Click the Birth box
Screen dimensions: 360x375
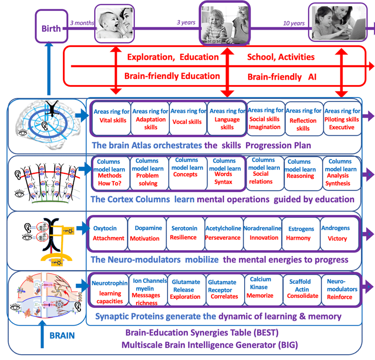[x=51, y=28]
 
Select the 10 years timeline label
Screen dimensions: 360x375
[x=294, y=23]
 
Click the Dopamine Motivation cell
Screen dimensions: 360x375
[x=145, y=233]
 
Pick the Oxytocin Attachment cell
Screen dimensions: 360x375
[x=107, y=233]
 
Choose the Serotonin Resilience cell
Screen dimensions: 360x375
[x=184, y=233]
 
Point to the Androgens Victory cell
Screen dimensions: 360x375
[x=337, y=233]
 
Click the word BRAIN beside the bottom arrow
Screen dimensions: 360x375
[x=62, y=336]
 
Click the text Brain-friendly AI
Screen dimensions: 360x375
[x=282, y=77]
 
